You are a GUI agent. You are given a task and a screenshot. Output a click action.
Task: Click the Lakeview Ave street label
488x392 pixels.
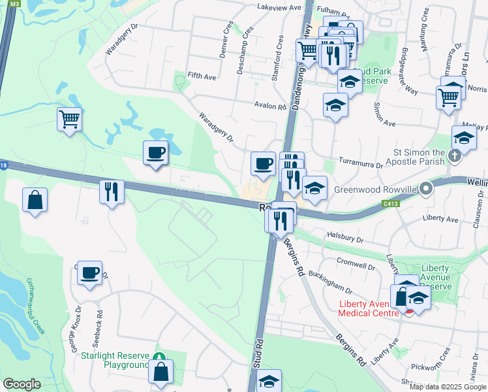(280, 8)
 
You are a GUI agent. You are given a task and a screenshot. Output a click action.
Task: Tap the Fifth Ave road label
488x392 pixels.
(201, 76)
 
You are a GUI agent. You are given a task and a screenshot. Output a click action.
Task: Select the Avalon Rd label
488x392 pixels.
(270, 106)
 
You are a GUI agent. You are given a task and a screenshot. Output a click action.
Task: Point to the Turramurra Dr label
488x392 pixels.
(360, 164)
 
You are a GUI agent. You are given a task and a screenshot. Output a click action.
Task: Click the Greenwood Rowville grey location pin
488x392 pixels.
(426, 189)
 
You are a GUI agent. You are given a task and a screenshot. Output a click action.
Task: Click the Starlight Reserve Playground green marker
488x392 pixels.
(160, 357)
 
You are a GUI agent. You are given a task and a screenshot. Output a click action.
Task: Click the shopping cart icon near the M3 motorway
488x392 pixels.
(69, 120)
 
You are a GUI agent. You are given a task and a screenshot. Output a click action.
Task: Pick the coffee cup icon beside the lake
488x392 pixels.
(156, 153)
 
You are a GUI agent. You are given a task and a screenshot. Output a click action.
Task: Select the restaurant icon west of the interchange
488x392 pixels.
(112, 191)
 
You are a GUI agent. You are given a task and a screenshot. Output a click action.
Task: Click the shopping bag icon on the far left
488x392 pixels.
(35, 201)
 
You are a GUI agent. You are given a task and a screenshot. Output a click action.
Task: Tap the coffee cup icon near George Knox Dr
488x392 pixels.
(89, 272)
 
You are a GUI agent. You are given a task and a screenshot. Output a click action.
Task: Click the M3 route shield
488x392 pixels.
(16, 4)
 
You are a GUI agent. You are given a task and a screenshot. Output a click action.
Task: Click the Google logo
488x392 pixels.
(22, 384)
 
